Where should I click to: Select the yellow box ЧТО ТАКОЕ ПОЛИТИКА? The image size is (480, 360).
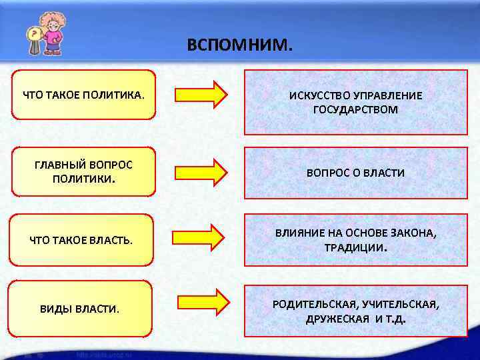pos(83,95)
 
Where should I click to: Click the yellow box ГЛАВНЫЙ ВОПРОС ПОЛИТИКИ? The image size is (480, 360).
pos(83,171)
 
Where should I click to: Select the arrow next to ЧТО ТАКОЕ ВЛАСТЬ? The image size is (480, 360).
pos(199,237)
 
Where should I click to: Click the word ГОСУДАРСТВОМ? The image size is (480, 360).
pos(355,109)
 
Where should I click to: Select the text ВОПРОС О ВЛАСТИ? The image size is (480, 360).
pos(355,173)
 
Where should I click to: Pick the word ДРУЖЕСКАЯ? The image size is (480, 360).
pos(337,319)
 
